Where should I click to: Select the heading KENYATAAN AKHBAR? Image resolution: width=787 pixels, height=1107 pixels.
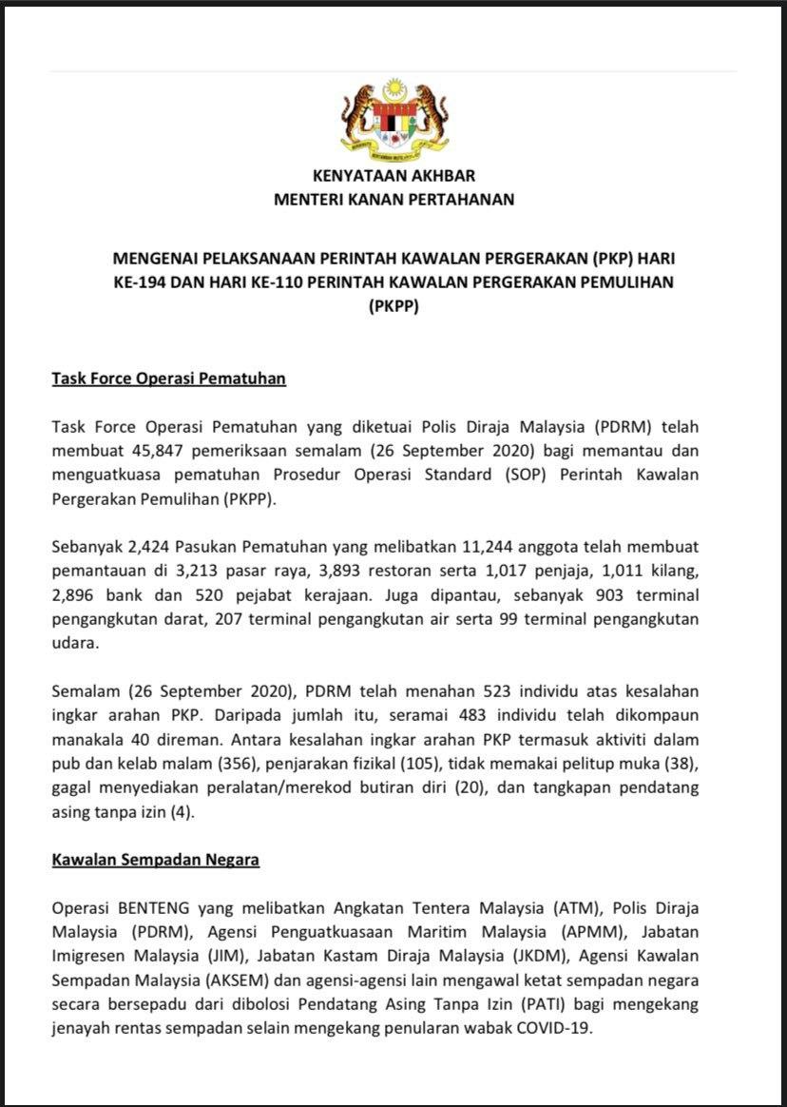pos(393,176)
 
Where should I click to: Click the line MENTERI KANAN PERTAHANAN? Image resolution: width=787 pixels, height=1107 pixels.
pos(393,200)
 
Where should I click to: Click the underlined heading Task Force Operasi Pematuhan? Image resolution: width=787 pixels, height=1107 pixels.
pos(168,379)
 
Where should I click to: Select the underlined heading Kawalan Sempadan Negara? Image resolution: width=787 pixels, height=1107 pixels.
pos(155,860)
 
